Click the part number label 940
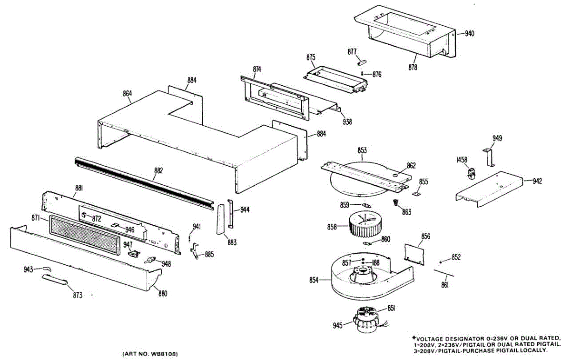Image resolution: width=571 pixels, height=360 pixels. [x=470, y=34]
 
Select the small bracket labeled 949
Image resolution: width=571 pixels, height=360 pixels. [x=489, y=157]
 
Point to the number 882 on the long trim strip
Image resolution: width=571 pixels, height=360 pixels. [x=158, y=170]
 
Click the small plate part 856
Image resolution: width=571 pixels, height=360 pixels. [x=414, y=252]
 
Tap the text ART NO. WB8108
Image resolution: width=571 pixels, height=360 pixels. [x=150, y=354]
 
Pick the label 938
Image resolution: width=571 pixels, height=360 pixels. [x=347, y=122]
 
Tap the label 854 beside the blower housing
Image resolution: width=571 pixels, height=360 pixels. [x=314, y=280]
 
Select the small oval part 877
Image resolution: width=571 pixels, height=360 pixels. [x=361, y=61]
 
